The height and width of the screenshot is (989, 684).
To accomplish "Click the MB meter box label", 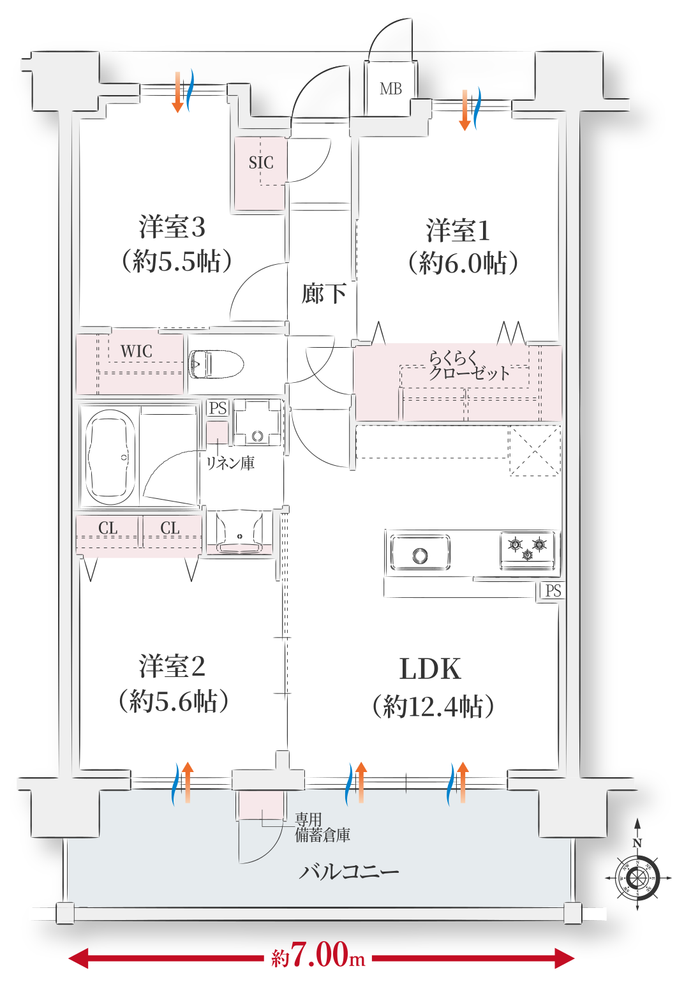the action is (x=390, y=89).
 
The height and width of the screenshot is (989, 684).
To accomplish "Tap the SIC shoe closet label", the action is (x=260, y=163).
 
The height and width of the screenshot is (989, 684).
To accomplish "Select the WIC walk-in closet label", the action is (x=136, y=352).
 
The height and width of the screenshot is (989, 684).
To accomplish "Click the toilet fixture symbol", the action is (x=216, y=365).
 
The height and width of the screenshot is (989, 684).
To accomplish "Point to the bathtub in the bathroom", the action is (x=110, y=457).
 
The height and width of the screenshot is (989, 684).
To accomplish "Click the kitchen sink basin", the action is (x=420, y=552).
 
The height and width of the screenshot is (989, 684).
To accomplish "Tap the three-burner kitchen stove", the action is (x=527, y=549).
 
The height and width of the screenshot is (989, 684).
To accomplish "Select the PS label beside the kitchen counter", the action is (x=553, y=590).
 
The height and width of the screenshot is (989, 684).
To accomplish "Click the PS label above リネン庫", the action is (x=218, y=408).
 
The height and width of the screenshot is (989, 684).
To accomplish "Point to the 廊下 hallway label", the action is (x=323, y=294).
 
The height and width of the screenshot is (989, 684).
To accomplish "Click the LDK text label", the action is (x=430, y=669).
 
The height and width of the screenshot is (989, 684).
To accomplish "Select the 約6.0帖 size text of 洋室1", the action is (x=463, y=264).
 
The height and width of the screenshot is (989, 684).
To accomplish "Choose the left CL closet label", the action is (x=108, y=528).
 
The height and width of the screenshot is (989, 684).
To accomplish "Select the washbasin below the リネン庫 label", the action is (x=239, y=532).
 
